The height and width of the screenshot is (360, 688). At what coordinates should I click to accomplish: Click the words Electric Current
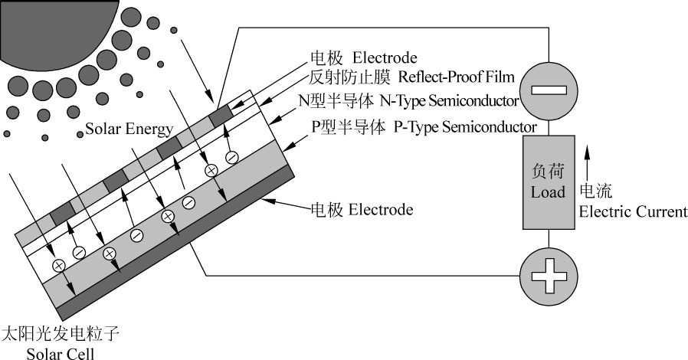pos(633,211)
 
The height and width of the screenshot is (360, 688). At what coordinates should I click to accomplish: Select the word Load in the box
pos(548,191)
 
